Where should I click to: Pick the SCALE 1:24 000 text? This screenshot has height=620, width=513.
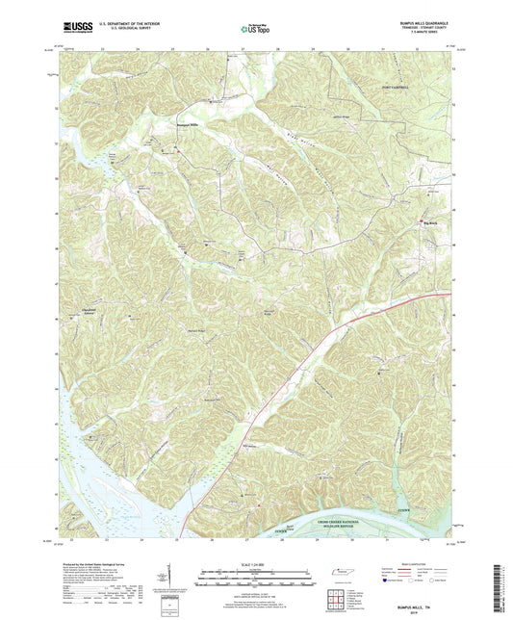coord(256,565)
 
